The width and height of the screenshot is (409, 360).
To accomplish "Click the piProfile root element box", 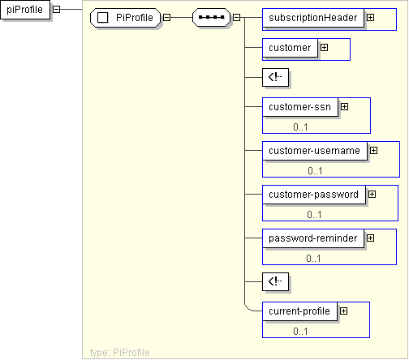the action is [25, 10].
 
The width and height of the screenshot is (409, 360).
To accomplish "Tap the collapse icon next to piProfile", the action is [56, 10].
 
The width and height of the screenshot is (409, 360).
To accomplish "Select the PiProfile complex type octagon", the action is [125, 18].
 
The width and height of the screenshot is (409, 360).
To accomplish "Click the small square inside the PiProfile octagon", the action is [102, 18].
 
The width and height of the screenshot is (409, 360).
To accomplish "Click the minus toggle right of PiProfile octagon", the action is [167, 18].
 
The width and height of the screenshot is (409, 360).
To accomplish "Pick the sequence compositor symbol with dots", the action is [211, 18].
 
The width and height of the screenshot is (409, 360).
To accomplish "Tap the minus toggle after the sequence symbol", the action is [236, 18].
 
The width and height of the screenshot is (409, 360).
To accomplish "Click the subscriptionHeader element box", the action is [313, 18].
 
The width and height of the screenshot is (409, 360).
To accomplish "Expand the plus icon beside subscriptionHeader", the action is [370, 18].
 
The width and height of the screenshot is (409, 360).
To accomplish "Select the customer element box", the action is [290, 48].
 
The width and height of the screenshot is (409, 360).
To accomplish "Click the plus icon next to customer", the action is [324, 48].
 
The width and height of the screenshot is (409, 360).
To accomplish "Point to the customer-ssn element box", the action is [300, 107].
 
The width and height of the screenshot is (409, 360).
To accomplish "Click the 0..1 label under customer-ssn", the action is [300, 127].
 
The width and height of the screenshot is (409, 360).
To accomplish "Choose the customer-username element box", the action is [315, 151].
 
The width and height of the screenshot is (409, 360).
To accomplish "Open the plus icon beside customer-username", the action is [373, 151].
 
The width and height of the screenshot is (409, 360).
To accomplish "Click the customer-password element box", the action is [314, 195].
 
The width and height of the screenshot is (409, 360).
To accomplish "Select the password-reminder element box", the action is [313, 238].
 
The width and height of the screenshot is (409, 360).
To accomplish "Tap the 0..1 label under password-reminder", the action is [313, 259].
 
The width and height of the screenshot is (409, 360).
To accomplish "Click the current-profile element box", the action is [299, 311].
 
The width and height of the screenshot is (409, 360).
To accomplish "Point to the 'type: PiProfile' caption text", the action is [120, 353].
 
